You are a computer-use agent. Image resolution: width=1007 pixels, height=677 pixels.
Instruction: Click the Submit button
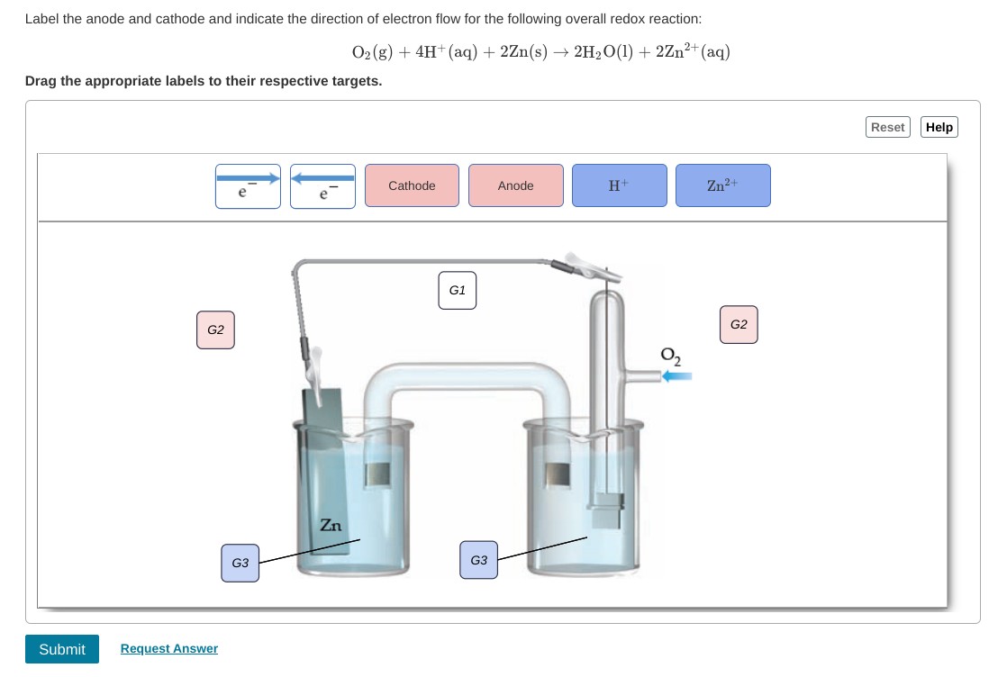click(62, 648)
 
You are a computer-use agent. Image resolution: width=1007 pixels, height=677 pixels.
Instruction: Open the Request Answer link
click(169, 648)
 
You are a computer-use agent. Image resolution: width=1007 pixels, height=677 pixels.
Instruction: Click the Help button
click(939, 127)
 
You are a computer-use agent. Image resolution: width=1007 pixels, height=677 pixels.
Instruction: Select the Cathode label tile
click(412, 185)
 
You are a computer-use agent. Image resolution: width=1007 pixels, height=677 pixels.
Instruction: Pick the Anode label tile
click(516, 185)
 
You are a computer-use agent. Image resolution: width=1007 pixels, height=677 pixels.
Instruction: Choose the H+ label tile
click(620, 185)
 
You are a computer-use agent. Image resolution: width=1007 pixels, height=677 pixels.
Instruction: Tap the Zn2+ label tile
click(723, 185)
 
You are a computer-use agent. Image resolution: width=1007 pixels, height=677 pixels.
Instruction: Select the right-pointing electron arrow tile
click(248, 185)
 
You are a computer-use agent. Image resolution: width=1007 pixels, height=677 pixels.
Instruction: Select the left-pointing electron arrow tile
click(322, 185)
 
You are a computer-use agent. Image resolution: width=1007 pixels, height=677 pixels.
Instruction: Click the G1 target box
click(458, 290)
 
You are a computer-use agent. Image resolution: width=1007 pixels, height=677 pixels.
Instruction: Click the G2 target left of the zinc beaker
click(216, 329)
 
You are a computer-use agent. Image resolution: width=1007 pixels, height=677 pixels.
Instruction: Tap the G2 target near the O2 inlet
click(739, 324)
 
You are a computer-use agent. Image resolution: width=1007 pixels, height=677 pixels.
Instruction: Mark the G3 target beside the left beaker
click(240, 563)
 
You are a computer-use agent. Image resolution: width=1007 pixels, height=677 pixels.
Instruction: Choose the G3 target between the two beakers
click(478, 560)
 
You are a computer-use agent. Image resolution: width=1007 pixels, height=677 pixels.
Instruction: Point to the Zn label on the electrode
click(331, 525)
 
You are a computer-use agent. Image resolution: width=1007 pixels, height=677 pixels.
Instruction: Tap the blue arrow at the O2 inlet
click(677, 377)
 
